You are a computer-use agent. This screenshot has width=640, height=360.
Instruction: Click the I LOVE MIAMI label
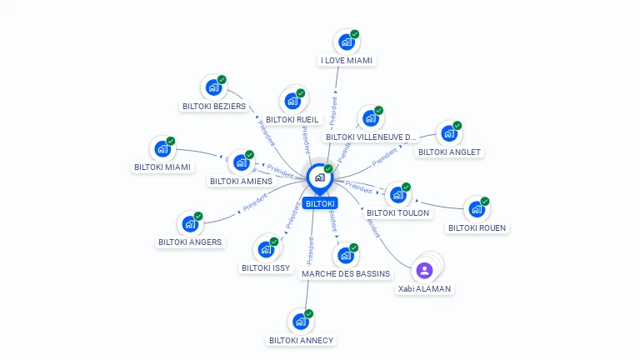347,60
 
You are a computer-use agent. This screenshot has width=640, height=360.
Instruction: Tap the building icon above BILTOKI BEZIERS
213,87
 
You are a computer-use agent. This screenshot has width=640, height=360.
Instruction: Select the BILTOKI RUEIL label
292,119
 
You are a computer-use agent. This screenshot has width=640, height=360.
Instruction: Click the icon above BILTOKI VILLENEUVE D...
370,118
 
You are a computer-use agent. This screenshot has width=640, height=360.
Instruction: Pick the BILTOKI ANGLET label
449,152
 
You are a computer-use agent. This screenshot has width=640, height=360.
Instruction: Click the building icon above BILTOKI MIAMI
162,149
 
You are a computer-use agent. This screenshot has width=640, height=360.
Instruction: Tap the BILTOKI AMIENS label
241,181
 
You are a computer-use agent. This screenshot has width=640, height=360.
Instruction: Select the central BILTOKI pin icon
319,177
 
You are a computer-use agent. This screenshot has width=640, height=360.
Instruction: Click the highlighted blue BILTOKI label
320,203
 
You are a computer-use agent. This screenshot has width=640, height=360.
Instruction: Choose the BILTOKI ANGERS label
190,242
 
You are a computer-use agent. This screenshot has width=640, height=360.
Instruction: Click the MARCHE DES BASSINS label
345,273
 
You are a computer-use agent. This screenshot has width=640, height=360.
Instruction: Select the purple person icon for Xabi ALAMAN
424,270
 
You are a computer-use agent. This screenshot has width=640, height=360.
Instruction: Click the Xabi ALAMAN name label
424,288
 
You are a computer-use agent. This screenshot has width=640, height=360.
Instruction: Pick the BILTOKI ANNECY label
301,340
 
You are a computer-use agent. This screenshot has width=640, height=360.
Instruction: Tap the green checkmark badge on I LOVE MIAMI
355,34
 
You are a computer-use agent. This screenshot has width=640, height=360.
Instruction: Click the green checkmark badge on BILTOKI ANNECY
309,313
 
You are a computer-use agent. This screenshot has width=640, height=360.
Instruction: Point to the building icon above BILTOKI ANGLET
448,133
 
